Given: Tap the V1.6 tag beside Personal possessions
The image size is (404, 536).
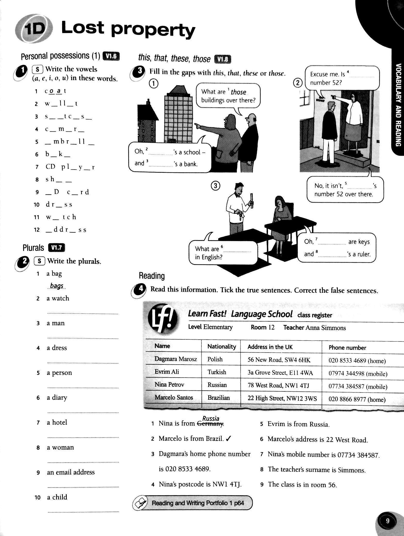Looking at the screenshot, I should coord(111,56).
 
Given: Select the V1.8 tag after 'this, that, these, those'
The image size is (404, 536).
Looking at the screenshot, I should coord(223,60).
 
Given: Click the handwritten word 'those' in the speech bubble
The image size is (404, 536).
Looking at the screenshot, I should coord(238,92).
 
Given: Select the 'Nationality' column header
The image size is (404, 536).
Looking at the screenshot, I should coord(222,347).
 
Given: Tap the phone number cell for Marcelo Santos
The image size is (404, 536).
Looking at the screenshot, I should coord(357,399).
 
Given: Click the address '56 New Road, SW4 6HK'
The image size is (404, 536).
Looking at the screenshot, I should coord(279,360).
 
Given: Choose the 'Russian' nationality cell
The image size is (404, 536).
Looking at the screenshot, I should coord(217,385).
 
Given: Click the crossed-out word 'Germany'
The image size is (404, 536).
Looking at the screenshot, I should coord(210,423).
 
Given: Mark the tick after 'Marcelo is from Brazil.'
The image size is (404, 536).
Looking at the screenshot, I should coord(228,439).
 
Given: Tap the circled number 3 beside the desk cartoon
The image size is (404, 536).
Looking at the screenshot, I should coord(216,186).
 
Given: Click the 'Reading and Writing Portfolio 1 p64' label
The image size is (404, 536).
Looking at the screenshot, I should coord(198,503).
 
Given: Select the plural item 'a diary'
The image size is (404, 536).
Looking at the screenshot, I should coord(57,398).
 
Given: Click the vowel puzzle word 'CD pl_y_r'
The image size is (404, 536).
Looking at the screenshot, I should coord(70,167).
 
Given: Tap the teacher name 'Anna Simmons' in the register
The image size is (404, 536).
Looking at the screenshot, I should coord(326,328).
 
